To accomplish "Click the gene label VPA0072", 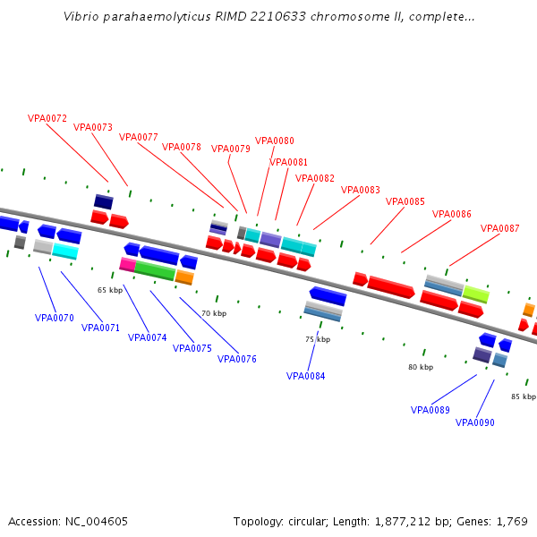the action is pyautogui.click(x=47, y=118).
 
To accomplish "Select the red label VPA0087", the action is pyautogui.click(x=499, y=228).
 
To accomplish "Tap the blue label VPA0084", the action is pyautogui.click(x=305, y=376).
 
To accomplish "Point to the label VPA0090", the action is pyautogui.click(x=474, y=422).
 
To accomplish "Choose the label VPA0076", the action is pyautogui.click(x=236, y=359).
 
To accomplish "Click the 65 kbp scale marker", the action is pyautogui.click(x=110, y=290).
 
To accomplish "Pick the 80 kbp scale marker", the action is pyautogui.click(x=421, y=367).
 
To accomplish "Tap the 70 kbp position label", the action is pyautogui.click(x=214, y=313).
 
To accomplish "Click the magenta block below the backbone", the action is pyautogui.click(x=127, y=265).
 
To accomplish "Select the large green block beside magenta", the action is pyautogui.click(x=155, y=270).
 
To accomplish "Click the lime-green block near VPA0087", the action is pyautogui.click(x=476, y=294).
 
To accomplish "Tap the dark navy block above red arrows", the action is pyautogui.click(x=104, y=201).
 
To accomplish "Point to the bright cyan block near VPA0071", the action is pyautogui.click(x=65, y=251).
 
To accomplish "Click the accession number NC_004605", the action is pyautogui.click(x=97, y=522).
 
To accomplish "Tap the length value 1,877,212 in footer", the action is pyautogui.click(x=403, y=522).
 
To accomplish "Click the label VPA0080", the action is pyautogui.click(x=275, y=141).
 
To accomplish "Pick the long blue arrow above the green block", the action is pyautogui.click(x=159, y=255).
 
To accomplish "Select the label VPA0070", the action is pyautogui.click(x=54, y=318).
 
